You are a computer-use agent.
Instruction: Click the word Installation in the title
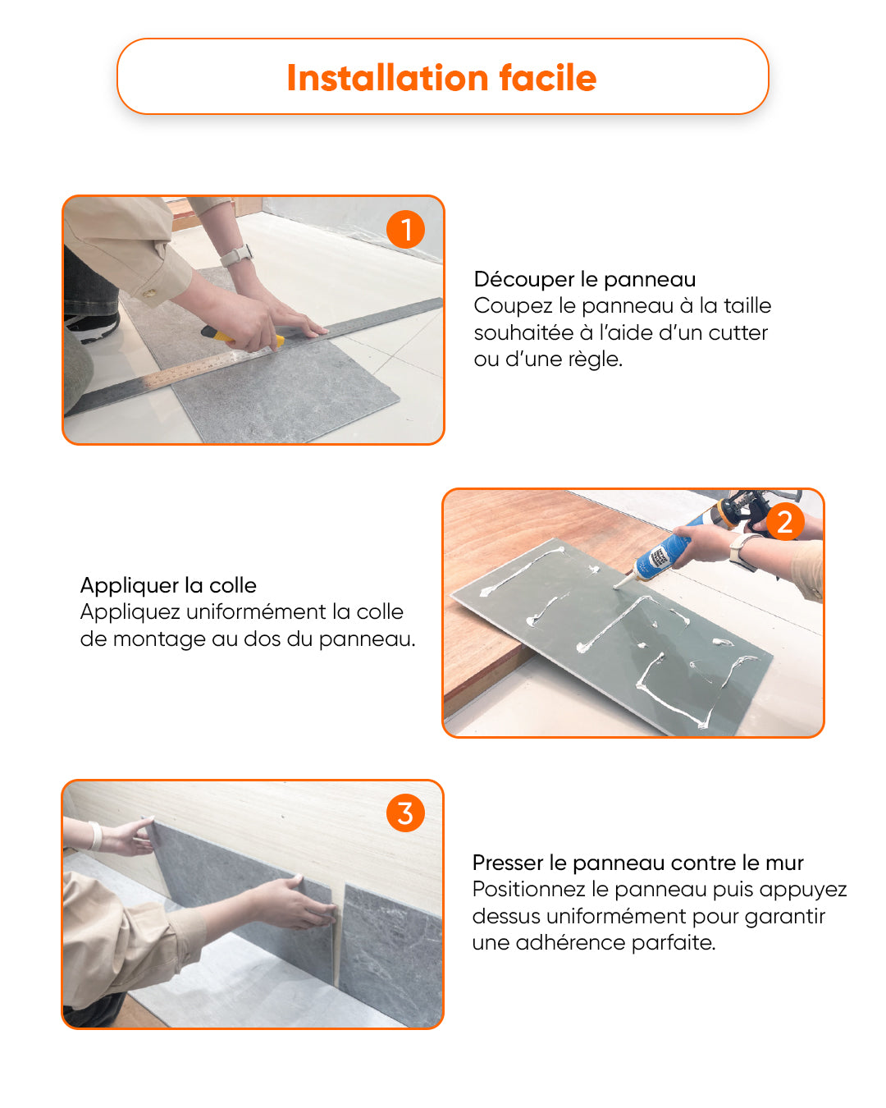coord(387,78)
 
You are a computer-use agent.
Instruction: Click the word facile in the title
coord(548,78)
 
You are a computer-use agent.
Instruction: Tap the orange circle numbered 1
coord(406,229)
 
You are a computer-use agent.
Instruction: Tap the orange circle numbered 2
coord(785,521)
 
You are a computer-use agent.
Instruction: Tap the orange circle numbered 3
coord(406,813)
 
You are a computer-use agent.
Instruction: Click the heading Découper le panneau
coord(585,279)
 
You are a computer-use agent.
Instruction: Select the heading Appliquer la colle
coord(168,585)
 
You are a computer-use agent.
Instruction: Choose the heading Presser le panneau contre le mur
coord(638,863)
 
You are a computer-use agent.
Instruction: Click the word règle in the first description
coord(595,359)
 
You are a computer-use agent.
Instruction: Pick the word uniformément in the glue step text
coord(257,611)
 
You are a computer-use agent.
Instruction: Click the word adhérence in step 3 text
coord(570,942)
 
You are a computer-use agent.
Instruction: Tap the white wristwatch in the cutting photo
coord(237,255)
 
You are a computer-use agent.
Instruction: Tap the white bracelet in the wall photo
coord(96,836)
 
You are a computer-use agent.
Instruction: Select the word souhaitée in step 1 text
coord(523,332)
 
